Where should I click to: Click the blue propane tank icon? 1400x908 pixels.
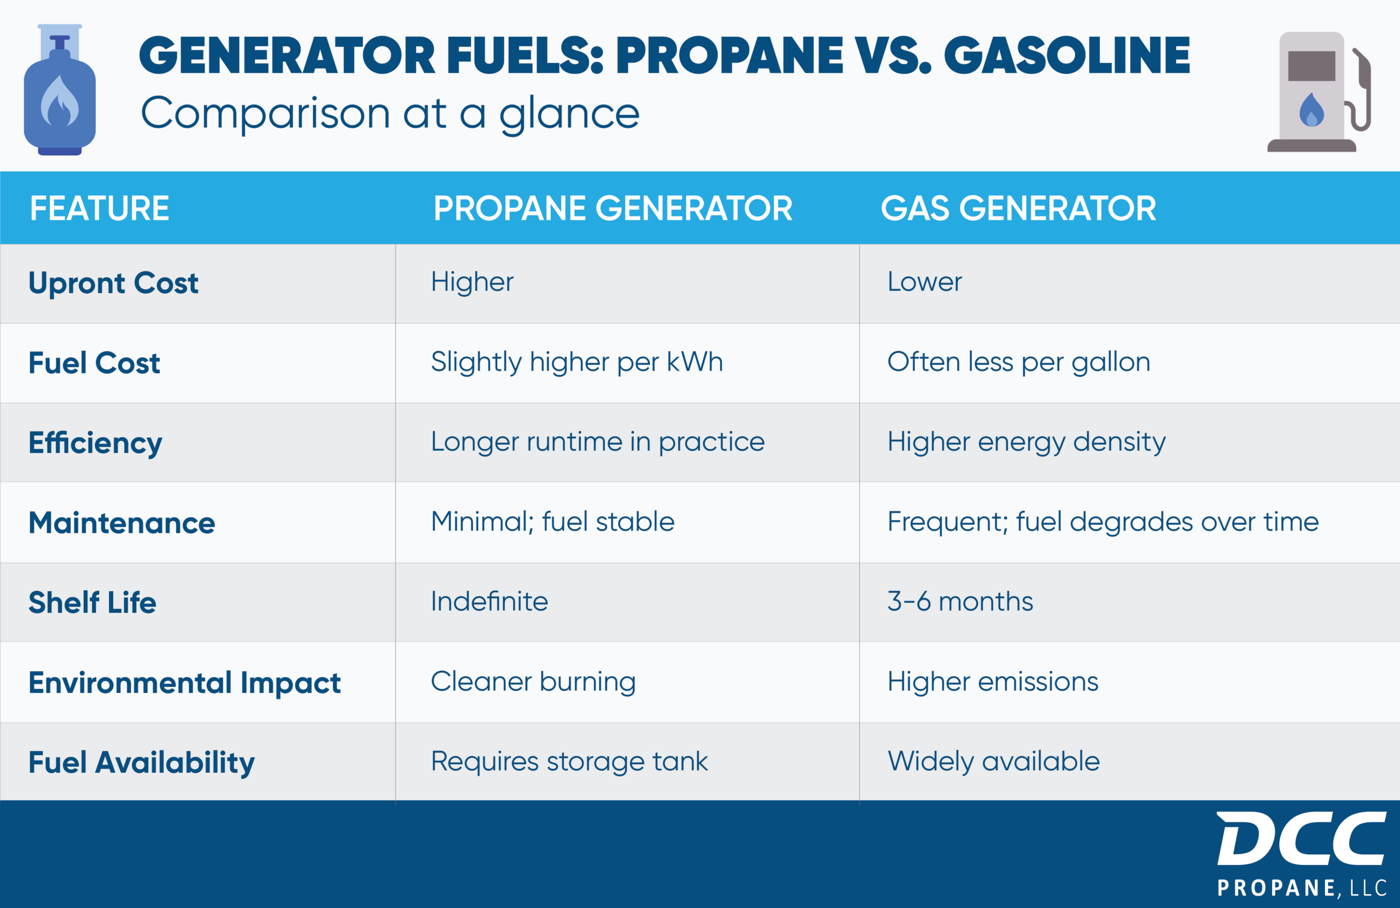(x=60, y=91)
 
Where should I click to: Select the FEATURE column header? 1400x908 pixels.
(x=100, y=208)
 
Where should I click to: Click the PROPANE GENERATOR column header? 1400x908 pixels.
(x=612, y=208)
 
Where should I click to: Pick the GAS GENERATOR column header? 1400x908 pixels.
(x=1018, y=208)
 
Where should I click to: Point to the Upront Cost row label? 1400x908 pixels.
(x=114, y=283)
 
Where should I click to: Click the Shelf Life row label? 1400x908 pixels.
(x=92, y=603)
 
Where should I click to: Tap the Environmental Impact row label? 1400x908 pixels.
(x=184, y=683)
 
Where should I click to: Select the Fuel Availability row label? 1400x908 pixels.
(x=141, y=762)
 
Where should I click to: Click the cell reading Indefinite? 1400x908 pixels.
(x=489, y=601)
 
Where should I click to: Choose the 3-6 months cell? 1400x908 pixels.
(x=959, y=601)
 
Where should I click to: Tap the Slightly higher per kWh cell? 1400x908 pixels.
(x=576, y=362)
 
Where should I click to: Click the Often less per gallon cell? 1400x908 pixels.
(x=1018, y=362)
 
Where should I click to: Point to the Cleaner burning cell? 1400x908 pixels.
(x=533, y=682)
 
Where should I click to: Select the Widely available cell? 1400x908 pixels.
(x=993, y=761)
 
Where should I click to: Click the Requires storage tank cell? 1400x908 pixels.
(x=569, y=761)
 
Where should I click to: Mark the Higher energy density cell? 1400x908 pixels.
(x=1026, y=442)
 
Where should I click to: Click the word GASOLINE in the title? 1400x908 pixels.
(x=1066, y=55)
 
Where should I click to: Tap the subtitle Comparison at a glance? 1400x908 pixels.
(x=389, y=114)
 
